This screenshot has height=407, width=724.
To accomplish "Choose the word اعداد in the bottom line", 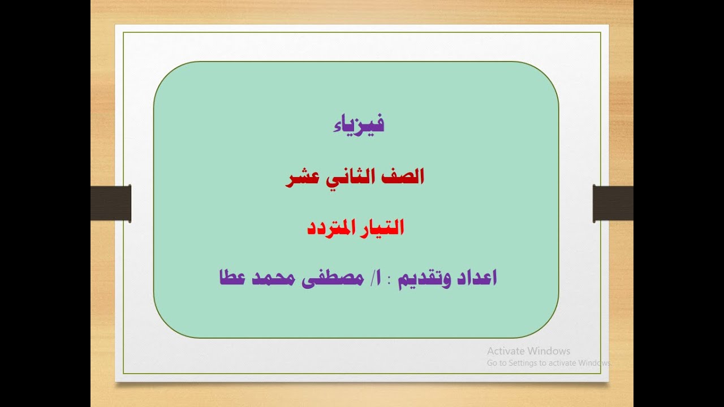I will [476, 278].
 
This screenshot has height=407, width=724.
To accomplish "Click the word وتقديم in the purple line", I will [424, 278].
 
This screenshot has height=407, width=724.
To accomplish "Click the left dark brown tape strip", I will [111, 203].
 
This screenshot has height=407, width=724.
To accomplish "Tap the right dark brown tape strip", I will [613, 203].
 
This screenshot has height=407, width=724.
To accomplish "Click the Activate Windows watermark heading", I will [528, 351].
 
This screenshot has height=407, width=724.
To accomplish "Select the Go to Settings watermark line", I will [549, 363].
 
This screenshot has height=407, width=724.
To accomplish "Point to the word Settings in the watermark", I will [522, 363].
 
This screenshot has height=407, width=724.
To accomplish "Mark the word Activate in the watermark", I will [506, 351].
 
